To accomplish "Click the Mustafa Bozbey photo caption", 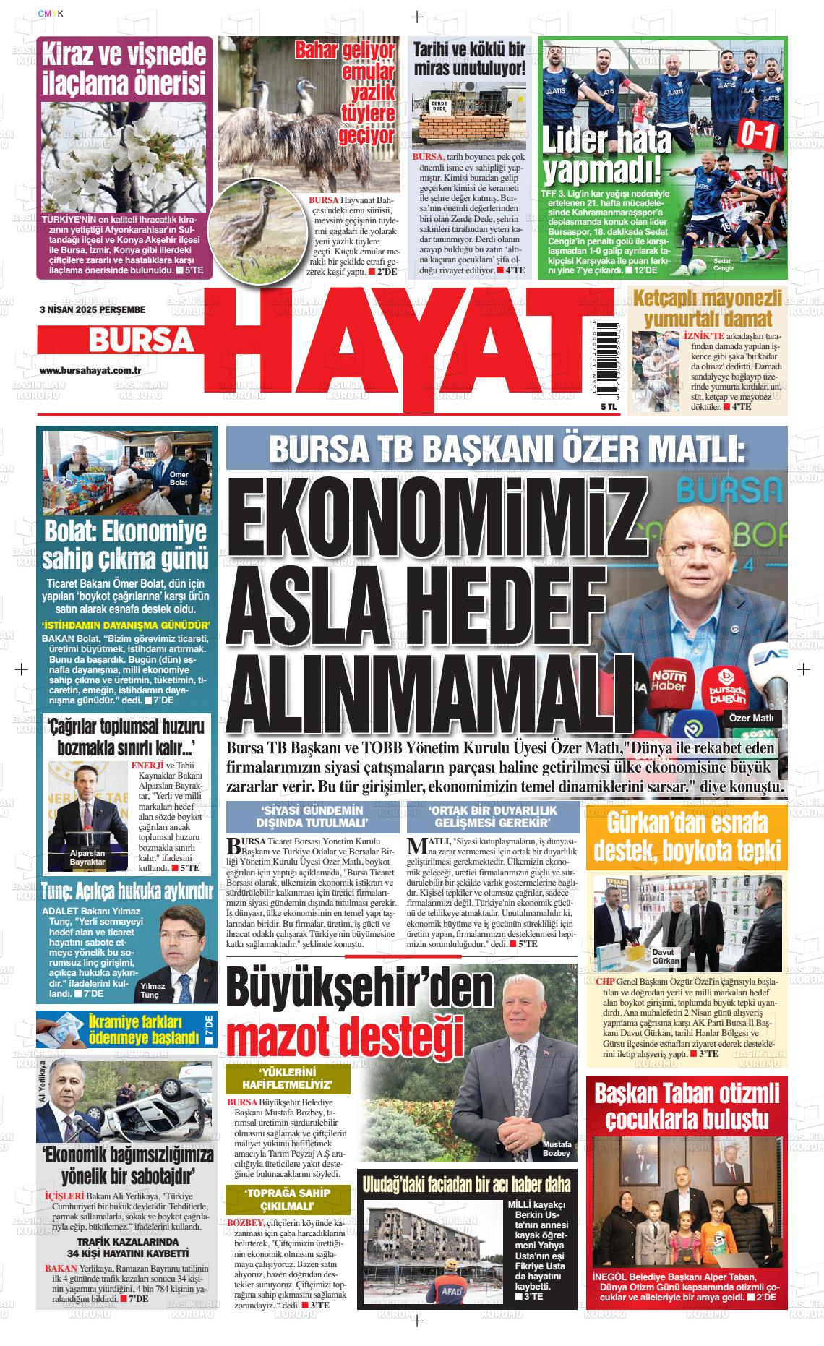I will (557, 1149).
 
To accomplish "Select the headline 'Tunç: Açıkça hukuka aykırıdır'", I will (126, 890).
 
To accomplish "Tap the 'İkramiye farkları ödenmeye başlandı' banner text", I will (142, 1029).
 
